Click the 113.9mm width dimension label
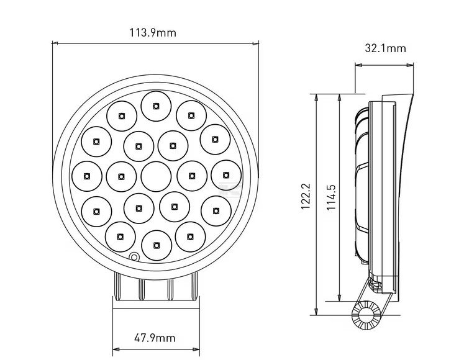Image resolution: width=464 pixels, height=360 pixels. pyautogui.click(x=153, y=32)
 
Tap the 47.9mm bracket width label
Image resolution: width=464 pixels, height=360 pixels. pyautogui.click(x=155, y=338)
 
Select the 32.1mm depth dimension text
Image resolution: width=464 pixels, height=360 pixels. pyautogui.click(x=385, y=48)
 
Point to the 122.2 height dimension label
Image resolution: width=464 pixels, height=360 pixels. pyautogui.click(x=306, y=196)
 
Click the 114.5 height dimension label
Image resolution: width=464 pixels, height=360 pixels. pyautogui.click(x=331, y=197)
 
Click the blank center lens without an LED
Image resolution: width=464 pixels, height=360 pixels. pyautogui.click(x=156, y=177)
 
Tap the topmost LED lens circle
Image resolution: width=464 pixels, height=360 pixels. pyautogui.click(x=156, y=106)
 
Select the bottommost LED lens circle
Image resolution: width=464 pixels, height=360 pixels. pyautogui.click(x=157, y=245)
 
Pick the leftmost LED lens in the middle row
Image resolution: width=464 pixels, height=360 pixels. pyautogui.click(x=87, y=176)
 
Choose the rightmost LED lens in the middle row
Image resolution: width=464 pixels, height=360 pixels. pyautogui.click(x=226, y=175)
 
